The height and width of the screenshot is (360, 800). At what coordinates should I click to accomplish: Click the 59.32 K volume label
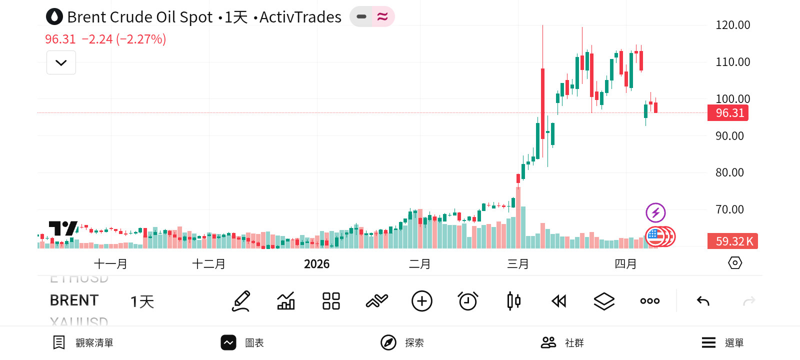click(732, 241)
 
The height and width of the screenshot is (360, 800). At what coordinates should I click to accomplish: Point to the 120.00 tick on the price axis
click(732, 25)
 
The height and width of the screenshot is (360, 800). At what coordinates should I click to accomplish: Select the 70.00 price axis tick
click(729, 209)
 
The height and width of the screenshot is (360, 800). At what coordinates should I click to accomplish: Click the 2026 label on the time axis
click(316, 264)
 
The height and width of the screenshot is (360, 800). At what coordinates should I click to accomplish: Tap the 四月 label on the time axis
click(625, 264)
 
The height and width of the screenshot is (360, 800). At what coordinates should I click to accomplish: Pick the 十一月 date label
click(110, 264)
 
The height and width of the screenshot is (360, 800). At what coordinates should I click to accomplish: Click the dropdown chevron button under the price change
click(61, 62)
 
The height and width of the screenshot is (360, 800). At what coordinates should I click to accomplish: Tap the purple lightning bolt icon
click(655, 212)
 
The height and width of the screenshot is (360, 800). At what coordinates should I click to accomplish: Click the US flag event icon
click(654, 236)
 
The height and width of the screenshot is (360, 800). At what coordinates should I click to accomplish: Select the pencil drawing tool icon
click(241, 301)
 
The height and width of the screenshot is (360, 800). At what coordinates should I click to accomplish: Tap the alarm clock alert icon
click(468, 301)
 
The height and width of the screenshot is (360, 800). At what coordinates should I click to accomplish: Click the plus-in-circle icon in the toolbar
click(422, 301)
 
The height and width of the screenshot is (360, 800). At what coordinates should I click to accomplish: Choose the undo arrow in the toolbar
click(703, 301)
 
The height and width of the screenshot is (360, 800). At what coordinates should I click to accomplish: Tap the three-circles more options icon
click(649, 301)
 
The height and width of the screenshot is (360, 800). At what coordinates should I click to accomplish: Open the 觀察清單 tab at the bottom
click(83, 342)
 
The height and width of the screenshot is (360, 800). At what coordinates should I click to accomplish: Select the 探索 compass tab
click(402, 342)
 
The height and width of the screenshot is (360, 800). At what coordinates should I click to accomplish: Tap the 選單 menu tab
click(722, 342)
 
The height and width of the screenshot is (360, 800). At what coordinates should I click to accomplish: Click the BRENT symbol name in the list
click(74, 300)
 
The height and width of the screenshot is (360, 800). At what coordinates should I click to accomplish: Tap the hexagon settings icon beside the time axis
click(735, 263)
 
